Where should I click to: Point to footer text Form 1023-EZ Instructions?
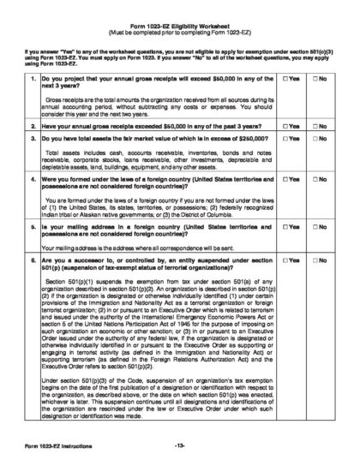click(52, 448)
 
